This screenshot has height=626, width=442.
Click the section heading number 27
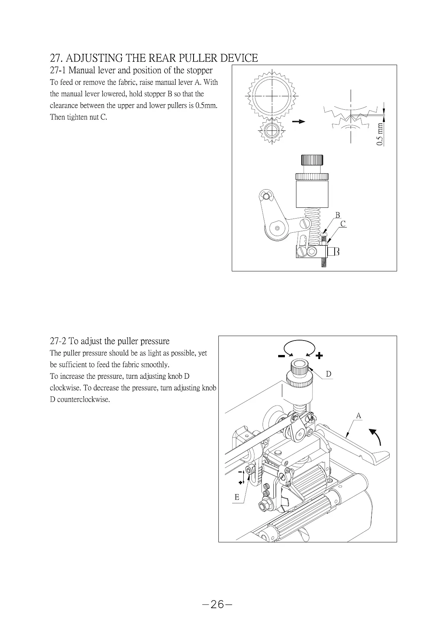pos(55,58)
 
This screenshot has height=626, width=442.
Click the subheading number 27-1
pos(58,70)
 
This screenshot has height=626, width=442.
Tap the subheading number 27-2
pos(58,341)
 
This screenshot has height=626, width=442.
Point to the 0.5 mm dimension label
pos(380,134)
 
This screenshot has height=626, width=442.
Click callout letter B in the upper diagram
pos(338,215)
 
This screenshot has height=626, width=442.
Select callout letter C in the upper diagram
pos(343,224)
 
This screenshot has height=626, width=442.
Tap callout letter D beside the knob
pos(329,374)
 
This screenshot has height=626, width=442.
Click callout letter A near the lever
pos(358,416)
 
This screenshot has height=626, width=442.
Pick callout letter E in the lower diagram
pos(237,497)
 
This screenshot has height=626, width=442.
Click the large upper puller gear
pos(273,96)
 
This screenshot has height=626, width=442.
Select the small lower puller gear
pos(272,130)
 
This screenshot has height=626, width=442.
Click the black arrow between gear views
pos(298,122)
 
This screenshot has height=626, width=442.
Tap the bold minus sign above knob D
pos(281,356)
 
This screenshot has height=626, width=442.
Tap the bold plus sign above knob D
pos(319,356)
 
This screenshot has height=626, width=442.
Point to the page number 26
pos(218,605)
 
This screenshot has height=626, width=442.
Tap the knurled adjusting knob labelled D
pos(299,370)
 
